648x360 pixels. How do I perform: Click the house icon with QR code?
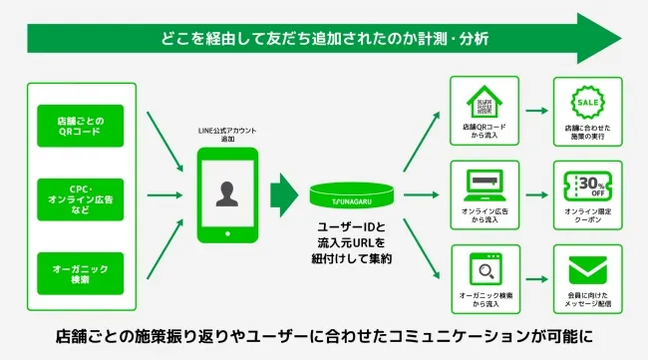click(x=483, y=101)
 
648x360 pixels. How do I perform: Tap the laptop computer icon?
click(x=483, y=184)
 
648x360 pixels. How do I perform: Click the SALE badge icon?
click(x=587, y=101)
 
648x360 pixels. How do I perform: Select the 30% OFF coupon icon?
click(x=587, y=184)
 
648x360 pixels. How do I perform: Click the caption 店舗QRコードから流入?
click(x=484, y=132)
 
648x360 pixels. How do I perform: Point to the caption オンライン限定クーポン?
click(x=587, y=216)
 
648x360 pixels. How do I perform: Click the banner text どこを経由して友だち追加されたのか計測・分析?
click(x=324, y=39)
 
